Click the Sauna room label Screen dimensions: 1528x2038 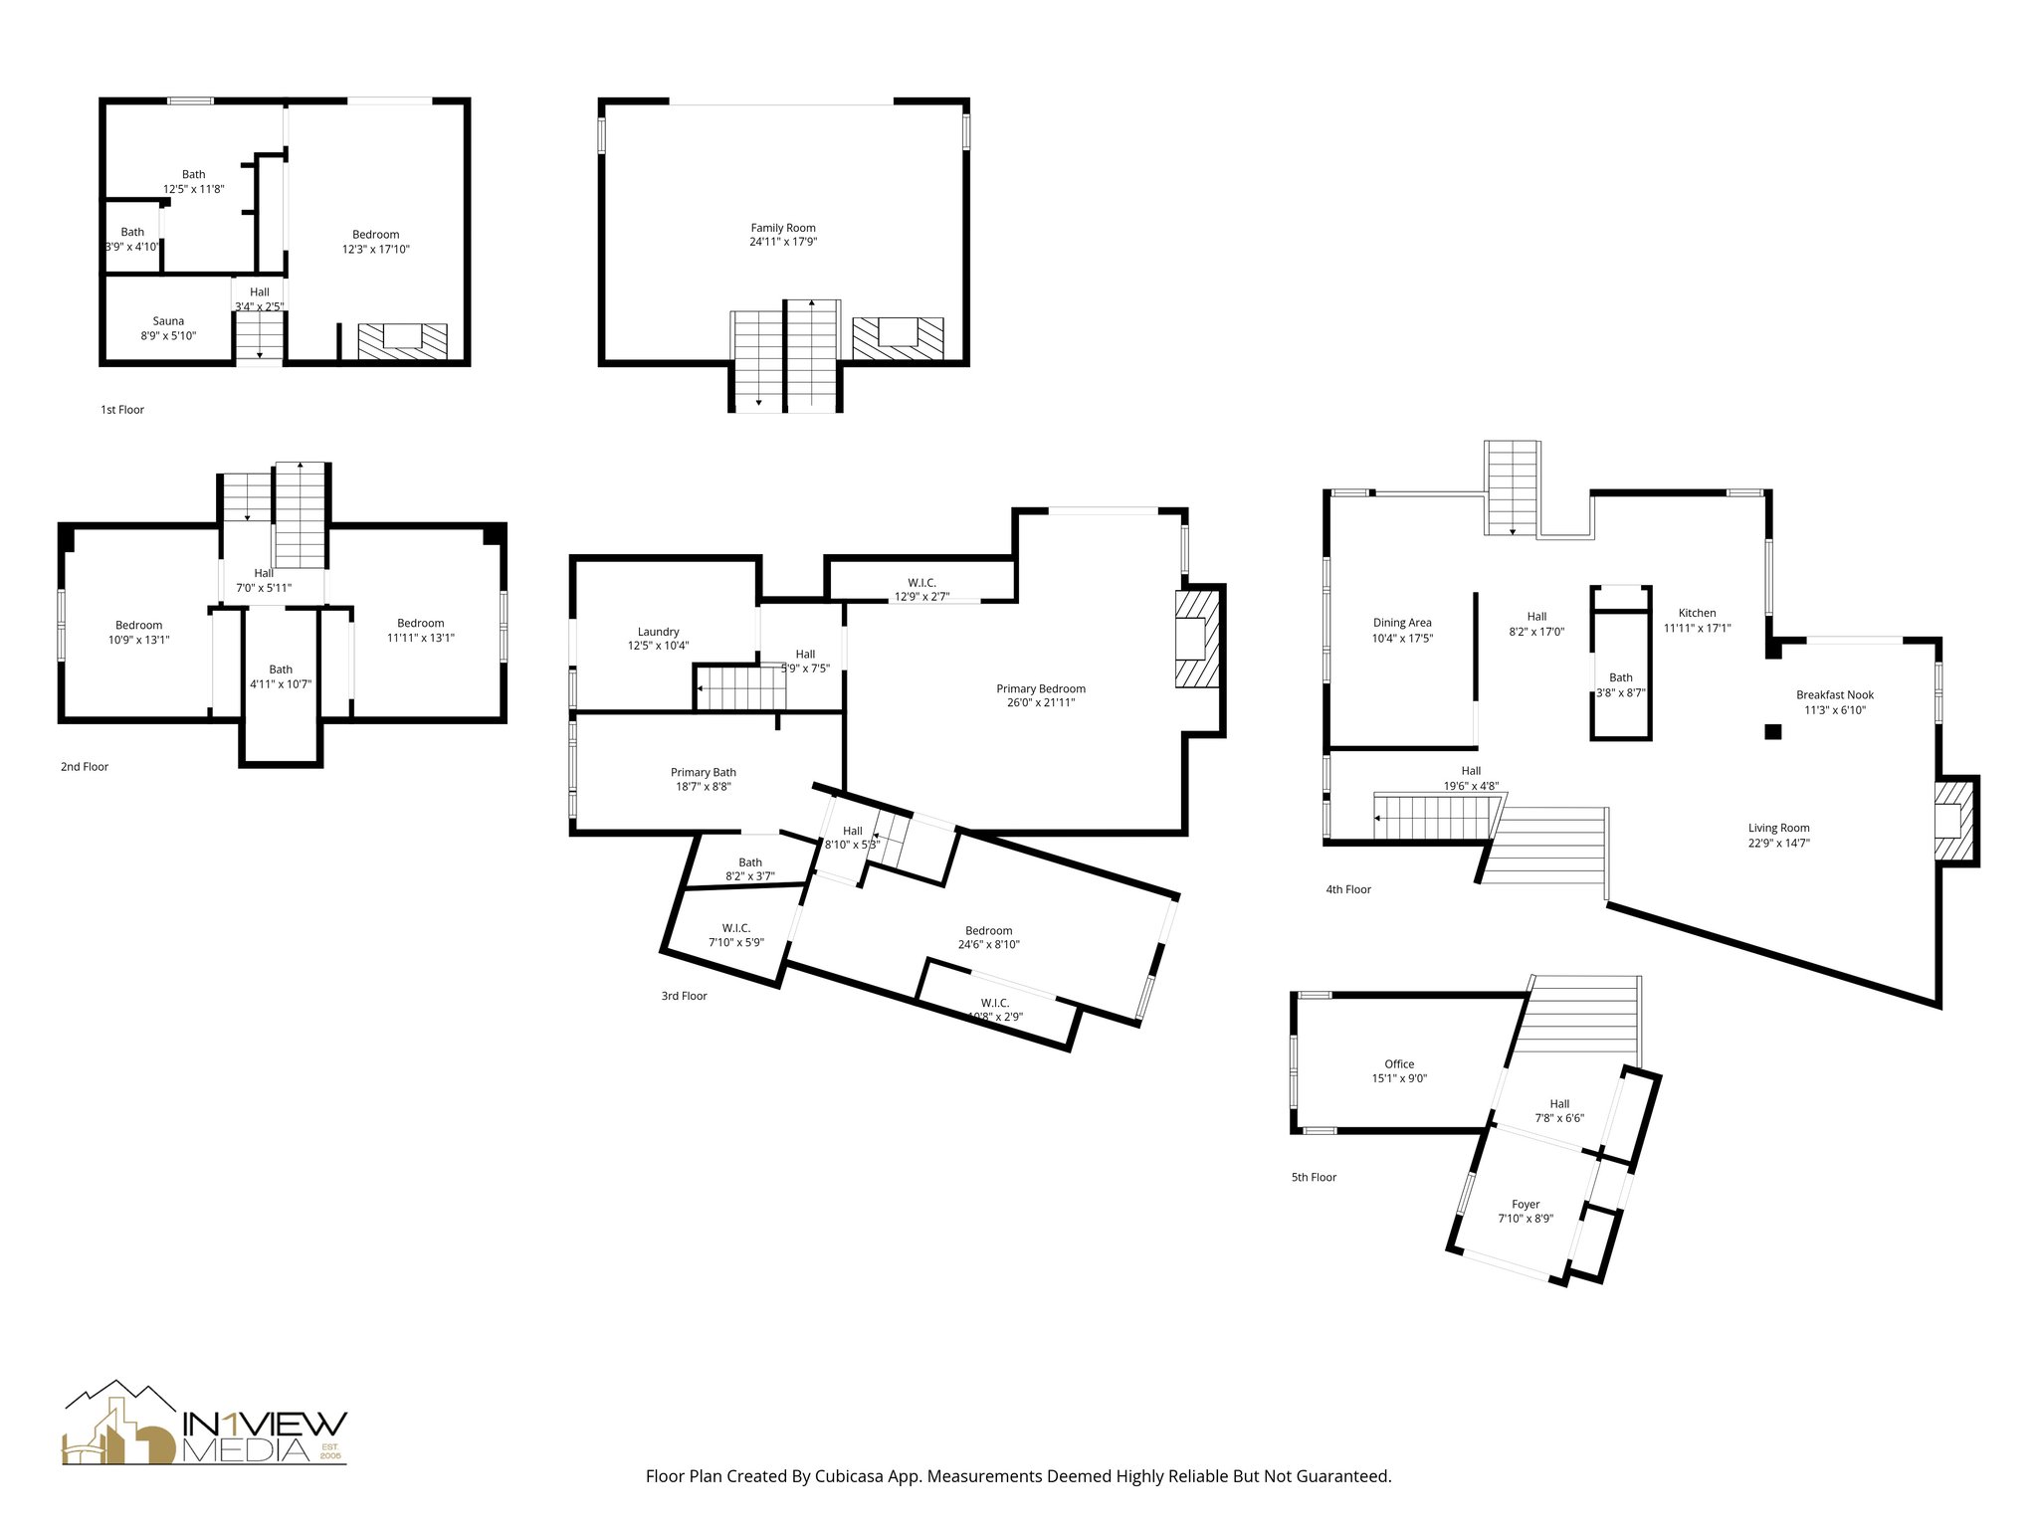(168, 321)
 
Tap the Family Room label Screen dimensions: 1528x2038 (783, 228)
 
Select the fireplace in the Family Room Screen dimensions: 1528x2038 (898, 337)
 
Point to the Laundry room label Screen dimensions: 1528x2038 (658, 632)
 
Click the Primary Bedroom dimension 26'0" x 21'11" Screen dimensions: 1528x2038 (1041, 703)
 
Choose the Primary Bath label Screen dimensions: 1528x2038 (703, 772)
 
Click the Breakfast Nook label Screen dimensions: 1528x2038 (1834, 695)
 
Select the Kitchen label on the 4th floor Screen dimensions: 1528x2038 (1697, 613)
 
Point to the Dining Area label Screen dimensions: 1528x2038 (1402, 623)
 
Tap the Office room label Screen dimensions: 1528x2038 (1398, 1063)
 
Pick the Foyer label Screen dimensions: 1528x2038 (1525, 1204)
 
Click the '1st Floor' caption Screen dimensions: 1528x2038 (122, 410)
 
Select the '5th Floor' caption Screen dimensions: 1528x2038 (1314, 1177)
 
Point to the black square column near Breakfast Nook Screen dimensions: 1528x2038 (1772, 732)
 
